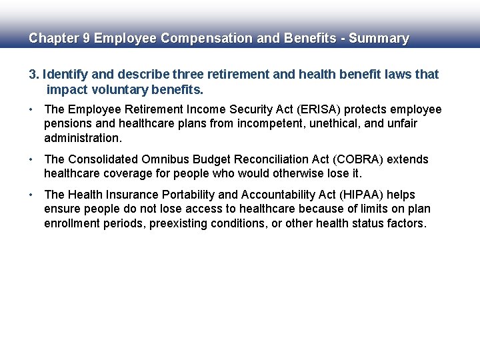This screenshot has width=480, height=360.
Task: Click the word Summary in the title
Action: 379,39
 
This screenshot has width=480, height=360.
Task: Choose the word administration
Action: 83,139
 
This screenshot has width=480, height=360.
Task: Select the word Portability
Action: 181,195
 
